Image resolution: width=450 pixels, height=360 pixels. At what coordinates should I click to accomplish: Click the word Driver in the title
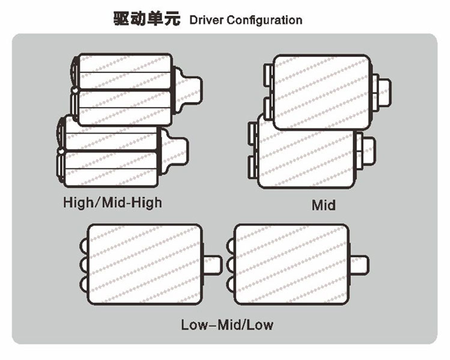207,20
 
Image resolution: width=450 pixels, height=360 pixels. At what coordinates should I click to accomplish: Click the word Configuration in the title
264,20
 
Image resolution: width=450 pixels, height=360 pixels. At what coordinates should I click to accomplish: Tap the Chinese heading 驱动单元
147,19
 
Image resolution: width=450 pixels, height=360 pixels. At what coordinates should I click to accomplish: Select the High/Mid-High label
112,202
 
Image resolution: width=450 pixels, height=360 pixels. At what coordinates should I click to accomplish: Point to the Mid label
323,205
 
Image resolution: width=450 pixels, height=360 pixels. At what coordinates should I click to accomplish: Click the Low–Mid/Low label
227,325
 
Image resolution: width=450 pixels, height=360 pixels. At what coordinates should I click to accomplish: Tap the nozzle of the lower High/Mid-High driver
174,151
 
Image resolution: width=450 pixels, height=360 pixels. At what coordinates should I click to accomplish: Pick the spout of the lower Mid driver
367,151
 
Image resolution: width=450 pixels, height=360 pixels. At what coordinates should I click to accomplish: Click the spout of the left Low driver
212,265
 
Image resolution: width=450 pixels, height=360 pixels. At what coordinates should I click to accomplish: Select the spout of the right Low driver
359,265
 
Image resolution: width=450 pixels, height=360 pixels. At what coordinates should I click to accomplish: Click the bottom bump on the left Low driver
84,283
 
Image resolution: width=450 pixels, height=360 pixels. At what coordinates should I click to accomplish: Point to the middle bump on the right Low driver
230,265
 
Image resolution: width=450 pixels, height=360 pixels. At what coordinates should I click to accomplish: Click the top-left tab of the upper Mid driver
268,75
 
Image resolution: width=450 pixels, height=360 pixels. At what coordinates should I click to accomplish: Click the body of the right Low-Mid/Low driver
291,264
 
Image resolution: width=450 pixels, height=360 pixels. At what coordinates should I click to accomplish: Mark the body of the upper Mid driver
322,92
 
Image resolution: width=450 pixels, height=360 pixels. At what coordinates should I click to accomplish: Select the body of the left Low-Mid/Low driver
145,264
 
